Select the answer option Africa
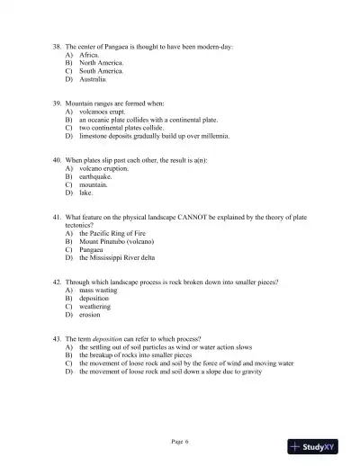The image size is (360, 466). [x=88, y=54]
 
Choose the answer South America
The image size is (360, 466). [x=101, y=70]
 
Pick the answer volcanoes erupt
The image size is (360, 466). [x=105, y=112]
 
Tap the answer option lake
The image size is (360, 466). [x=86, y=193]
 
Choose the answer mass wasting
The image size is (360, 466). [x=99, y=291]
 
